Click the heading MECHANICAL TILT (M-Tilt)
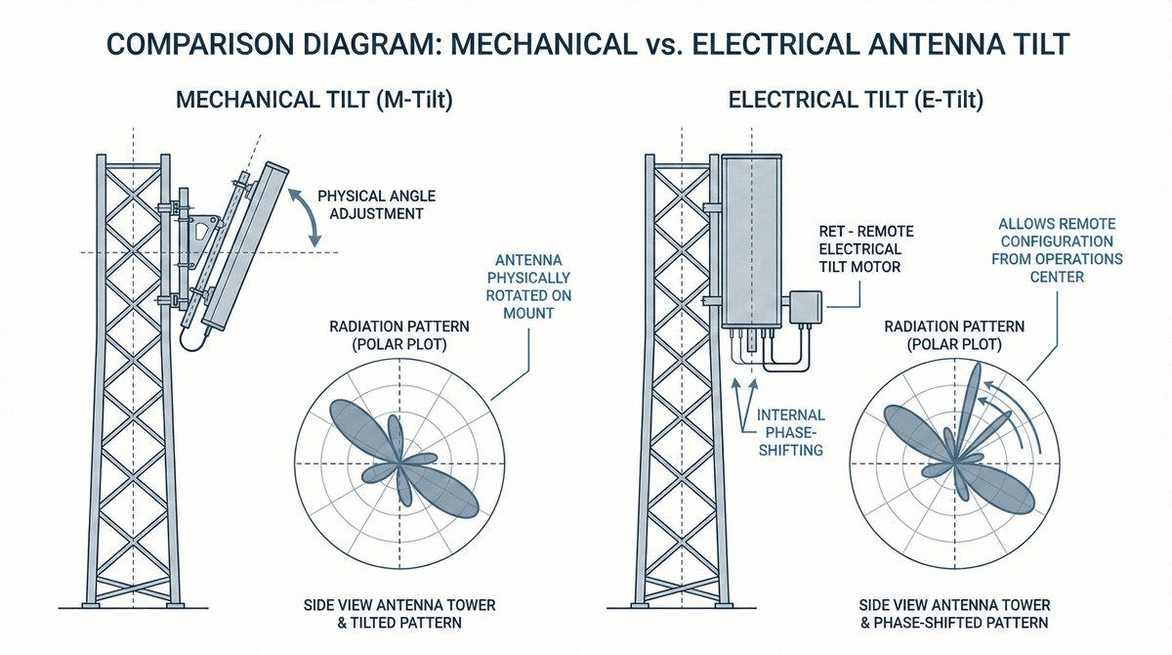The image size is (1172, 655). (x=314, y=100)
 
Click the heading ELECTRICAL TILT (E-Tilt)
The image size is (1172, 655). (x=856, y=100)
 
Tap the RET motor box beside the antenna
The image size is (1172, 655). (x=806, y=307)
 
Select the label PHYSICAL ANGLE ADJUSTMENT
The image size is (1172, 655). (x=377, y=204)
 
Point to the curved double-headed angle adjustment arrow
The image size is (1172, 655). (x=309, y=216)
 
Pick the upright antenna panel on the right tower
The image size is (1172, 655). (x=751, y=241)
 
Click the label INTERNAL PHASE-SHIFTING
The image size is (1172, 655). (x=790, y=432)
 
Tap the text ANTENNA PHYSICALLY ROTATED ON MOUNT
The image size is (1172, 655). (x=528, y=286)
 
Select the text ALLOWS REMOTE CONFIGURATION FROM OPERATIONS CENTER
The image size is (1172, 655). (x=1057, y=250)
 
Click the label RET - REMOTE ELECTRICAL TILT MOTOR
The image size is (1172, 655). (x=866, y=249)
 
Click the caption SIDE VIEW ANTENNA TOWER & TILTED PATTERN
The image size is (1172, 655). (x=399, y=614)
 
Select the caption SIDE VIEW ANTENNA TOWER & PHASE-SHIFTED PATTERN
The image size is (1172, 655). (x=955, y=614)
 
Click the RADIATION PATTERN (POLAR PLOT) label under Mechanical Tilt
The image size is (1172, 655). (x=399, y=335)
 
